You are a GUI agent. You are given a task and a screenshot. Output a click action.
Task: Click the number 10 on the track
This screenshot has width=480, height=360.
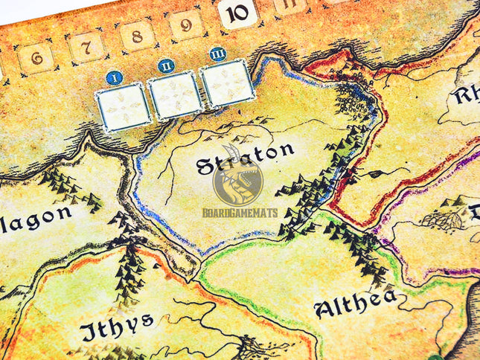coord(237,13)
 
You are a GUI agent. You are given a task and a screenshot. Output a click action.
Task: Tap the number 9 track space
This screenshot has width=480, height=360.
coord(186,25)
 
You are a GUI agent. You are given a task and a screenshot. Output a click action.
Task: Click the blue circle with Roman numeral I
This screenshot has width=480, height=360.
coord(114,76)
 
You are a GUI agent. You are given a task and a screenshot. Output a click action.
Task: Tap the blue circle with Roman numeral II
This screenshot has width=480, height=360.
coord(166,66)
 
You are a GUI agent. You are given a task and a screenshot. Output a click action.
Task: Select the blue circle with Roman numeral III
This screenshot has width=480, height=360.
coord(217,54)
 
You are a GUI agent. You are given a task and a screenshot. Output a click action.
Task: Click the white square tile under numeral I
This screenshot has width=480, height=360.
coord(124,106)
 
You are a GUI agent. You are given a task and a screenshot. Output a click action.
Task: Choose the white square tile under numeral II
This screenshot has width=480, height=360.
coord(175,95)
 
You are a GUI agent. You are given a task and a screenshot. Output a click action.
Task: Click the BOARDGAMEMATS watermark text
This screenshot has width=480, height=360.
coord(240,213)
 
